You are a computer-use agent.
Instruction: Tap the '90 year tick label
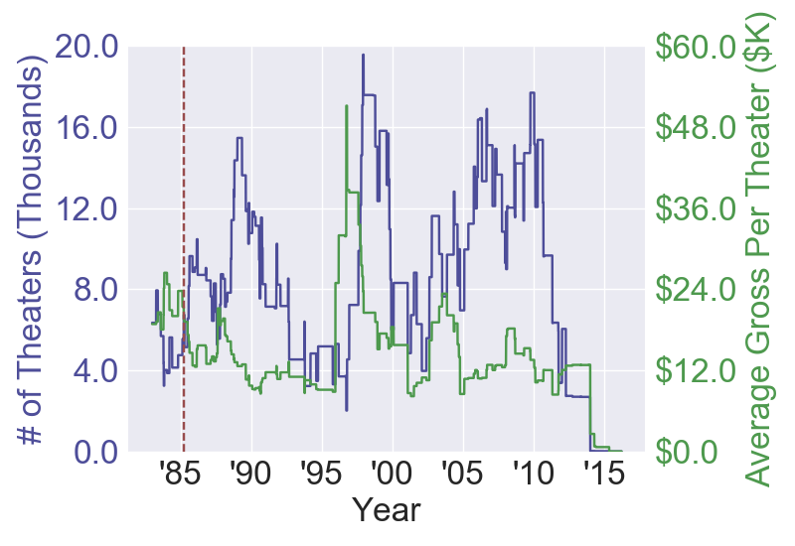[251, 475]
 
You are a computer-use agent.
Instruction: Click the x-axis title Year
[387, 512]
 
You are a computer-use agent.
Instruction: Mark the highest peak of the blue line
[363, 56]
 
